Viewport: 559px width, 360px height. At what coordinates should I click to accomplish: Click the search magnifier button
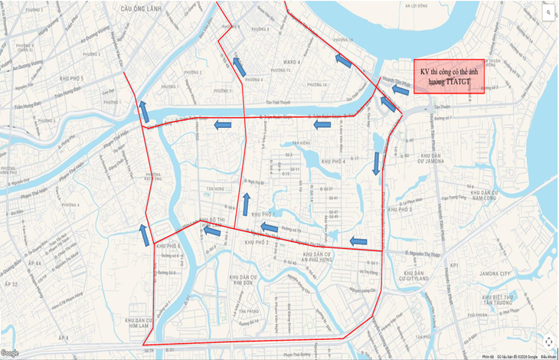coord(548,13)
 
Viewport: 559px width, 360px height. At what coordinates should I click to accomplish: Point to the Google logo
coord(10,353)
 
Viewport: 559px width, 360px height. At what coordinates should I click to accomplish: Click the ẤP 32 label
coord(12,284)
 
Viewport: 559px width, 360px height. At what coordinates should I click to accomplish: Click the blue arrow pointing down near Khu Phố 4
coord(376,163)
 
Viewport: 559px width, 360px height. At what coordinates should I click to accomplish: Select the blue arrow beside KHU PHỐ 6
coord(142,235)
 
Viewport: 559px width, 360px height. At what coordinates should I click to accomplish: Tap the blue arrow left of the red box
coord(399,90)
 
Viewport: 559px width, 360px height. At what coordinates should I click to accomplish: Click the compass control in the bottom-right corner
coord(548,341)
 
